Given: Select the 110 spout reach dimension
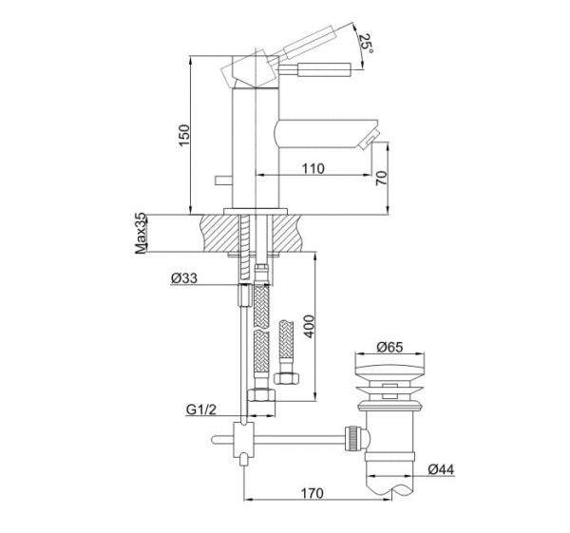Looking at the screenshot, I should pyautogui.click(x=314, y=168).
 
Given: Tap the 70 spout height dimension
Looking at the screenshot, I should pyautogui.click(x=382, y=178).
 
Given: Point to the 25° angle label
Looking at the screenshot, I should pyautogui.click(x=364, y=42).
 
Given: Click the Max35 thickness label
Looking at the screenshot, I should pyautogui.click(x=141, y=234).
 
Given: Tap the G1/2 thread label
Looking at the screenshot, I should pyautogui.click(x=201, y=411).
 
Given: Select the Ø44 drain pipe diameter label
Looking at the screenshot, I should pyautogui.click(x=440, y=468).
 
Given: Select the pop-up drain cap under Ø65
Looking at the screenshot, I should pyautogui.click(x=385, y=369).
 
